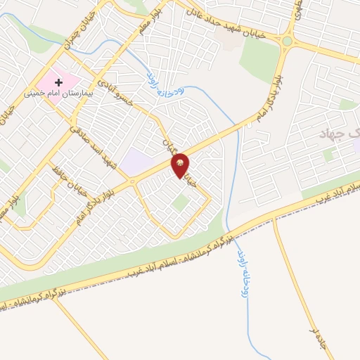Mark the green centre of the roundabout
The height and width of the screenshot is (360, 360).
point(288,41)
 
